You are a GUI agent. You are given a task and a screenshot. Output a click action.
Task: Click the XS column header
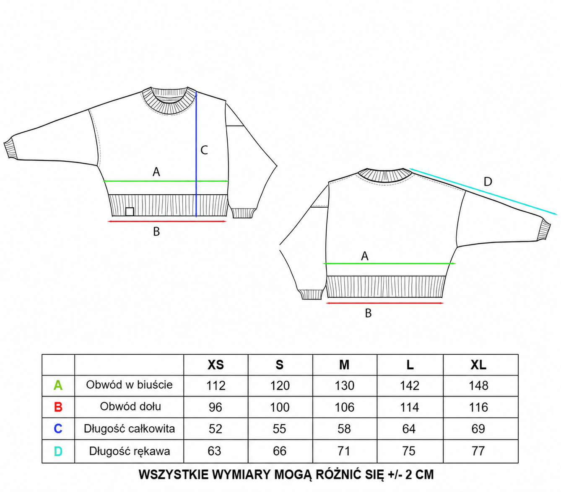tap(216, 365)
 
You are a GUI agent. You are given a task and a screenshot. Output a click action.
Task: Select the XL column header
tap(478, 365)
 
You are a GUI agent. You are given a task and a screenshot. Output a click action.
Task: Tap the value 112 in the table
tap(216, 386)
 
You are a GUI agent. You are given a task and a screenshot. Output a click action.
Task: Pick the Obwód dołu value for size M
tap(344, 407)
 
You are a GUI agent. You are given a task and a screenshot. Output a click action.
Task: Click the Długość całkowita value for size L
tap(409, 429)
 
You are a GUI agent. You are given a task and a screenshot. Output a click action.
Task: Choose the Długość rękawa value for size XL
tap(478, 451)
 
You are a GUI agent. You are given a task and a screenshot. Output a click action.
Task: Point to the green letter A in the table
tap(58, 385)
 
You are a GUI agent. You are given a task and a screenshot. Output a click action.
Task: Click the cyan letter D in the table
tap(58, 451)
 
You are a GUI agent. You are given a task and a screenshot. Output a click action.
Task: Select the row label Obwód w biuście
tap(129, 385)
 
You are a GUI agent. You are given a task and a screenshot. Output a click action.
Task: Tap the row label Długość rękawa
tap(129, 451)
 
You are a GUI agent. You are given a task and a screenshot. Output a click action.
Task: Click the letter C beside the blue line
tap(204, 150)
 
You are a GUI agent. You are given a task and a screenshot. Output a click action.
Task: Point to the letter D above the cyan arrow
tap(488, 182)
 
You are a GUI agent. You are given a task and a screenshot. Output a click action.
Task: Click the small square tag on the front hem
tap(130, 211)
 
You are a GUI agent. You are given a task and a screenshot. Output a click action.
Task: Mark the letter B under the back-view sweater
tap(368, 313)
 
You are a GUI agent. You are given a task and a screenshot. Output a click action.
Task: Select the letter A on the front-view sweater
tap(156, 172)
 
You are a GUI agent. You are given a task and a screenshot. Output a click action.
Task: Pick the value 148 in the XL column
tap(478, 386)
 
